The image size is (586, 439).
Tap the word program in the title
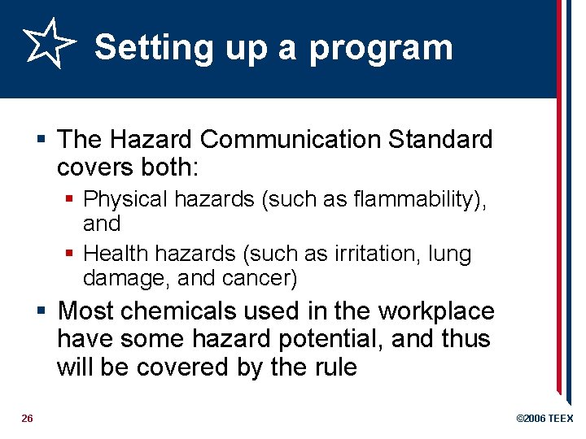click(x=381, y=49)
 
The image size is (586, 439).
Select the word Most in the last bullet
click(x=85, y=311)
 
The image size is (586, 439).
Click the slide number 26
click(x=27, y=419)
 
